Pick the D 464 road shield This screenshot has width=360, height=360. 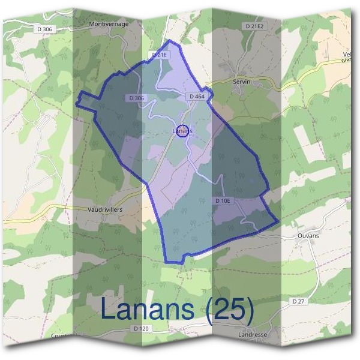coord(197,96)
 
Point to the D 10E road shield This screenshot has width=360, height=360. coord(223,200)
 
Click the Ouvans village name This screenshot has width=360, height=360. coord(308,236)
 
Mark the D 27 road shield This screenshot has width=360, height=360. coord(299,300)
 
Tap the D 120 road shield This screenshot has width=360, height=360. coord(140,329)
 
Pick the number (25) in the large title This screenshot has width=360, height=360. coord(230,310)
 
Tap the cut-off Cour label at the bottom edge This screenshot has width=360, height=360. coord(59,336)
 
